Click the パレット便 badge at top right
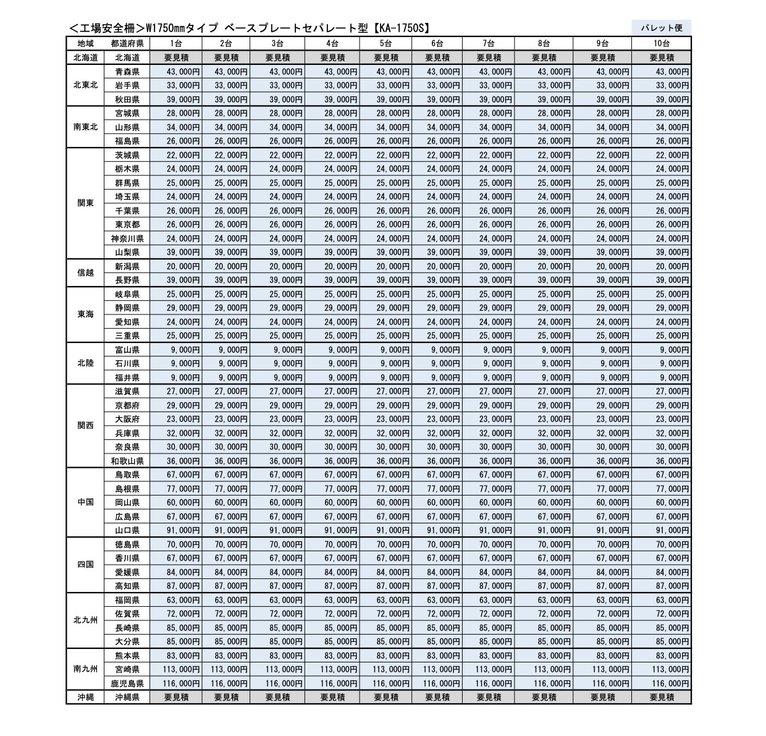pyautogui.click(x=661, y=27)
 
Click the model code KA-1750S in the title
pyautogui.click(x=402, y=28)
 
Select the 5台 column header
pyautogui.click(x=385, y=43)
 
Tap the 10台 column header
pyautogui.click(x=662, y=43)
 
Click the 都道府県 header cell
pyautogui.click(x=127, y=43)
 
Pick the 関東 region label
pyautogui.click(x=86, y=203)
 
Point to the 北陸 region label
pyautogui.click(x=86, y=363)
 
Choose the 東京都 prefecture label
pyautogui.click(x=127, y=224)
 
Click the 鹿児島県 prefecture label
pyautogui.click(x=127, y=683)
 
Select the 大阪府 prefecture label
pyautogui.click(x=127, y=419)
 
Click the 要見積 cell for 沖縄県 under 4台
pyautogui.click(x=332, y=697)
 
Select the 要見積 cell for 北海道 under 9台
pyautogui.click(x=602, y=57)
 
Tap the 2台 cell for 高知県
pyautogui.click(x=231, y=586)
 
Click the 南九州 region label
pyautogui.click(x=86, y=669)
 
